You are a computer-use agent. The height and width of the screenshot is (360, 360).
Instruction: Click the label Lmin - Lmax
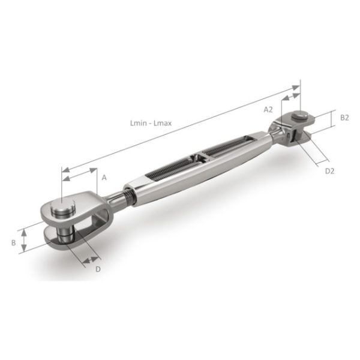click(x=151, y=123)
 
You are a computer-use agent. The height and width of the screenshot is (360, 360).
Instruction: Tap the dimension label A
click(x=104, y=178)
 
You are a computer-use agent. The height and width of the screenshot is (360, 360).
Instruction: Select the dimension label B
click(x=13, y=243)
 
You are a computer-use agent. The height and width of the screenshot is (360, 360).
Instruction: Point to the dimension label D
click(x=97, y=269)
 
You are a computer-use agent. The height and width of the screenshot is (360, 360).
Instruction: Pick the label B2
click(x=344, y=118)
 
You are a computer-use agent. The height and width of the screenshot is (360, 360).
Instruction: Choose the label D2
click(x=329, y=171)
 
